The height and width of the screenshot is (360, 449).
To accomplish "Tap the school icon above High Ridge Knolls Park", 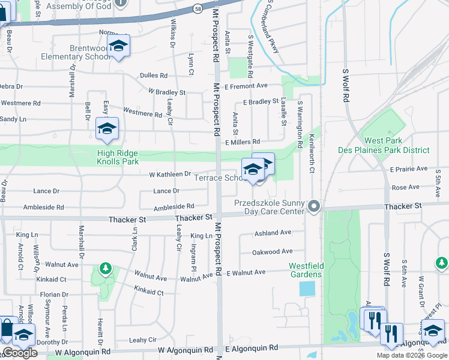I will click(x=107, y=129).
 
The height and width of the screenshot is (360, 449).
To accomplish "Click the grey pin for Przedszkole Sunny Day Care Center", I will click(x=313, y=207).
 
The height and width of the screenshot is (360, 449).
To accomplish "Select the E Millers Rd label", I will click(x=243, y=142).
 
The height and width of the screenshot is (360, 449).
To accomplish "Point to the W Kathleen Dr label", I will click(x=170, y=174).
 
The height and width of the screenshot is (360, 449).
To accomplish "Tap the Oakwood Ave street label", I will click(x=273, y=252).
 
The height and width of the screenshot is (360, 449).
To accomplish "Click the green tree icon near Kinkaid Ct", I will click(x=106, y=268).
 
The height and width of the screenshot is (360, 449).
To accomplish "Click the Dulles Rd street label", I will click(x=153, y=76).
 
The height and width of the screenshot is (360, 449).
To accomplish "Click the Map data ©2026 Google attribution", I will click(x=412, y=355).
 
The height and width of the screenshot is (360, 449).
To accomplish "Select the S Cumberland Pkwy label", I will click(x=270, y=27).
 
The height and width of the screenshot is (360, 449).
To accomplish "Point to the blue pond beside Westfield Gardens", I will click(x=306, y=289).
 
